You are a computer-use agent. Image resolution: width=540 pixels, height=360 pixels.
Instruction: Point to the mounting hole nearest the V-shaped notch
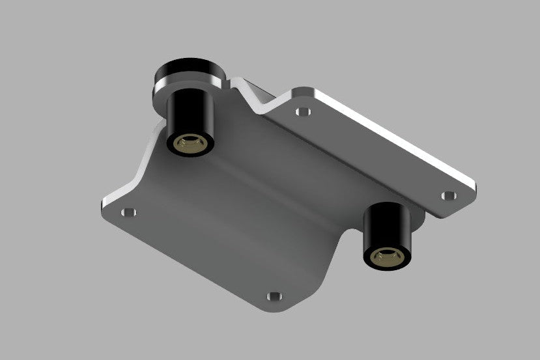301,111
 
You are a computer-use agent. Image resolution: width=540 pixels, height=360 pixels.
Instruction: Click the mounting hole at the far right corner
449,195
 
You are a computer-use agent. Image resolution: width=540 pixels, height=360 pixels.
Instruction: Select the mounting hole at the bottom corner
274,296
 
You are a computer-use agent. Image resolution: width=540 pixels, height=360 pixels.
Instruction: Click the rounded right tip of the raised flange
472,189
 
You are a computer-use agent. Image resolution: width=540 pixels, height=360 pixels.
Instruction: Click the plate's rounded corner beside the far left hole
104,210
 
